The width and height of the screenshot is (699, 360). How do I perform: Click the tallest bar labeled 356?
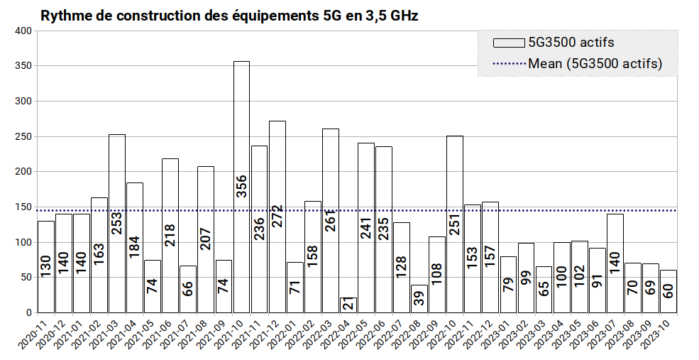pyautogui.click(x=241, y=187)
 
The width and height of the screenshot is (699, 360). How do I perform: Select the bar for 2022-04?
pyautogui.click(x=348, y=305)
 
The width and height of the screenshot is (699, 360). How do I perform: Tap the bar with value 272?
pyautogui.click(x=277, y=217)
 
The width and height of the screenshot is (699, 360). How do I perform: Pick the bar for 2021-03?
pyautogui.click(x=117, y=224)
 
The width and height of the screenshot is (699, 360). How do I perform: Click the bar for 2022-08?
pyautogui.click(x=419, y=299)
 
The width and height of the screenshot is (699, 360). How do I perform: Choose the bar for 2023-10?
pyautogui.click(x=668, y=291)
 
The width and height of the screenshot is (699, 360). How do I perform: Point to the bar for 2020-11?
pyautogui.click(x=46, y=267)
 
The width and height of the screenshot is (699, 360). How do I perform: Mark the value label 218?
pyautogui.click(x=170, y=235)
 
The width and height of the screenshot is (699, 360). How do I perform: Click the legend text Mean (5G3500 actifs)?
pyautogui.click(x=595, y=63)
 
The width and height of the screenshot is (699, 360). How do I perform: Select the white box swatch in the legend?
pyautogui.click(x=509, y=43)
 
